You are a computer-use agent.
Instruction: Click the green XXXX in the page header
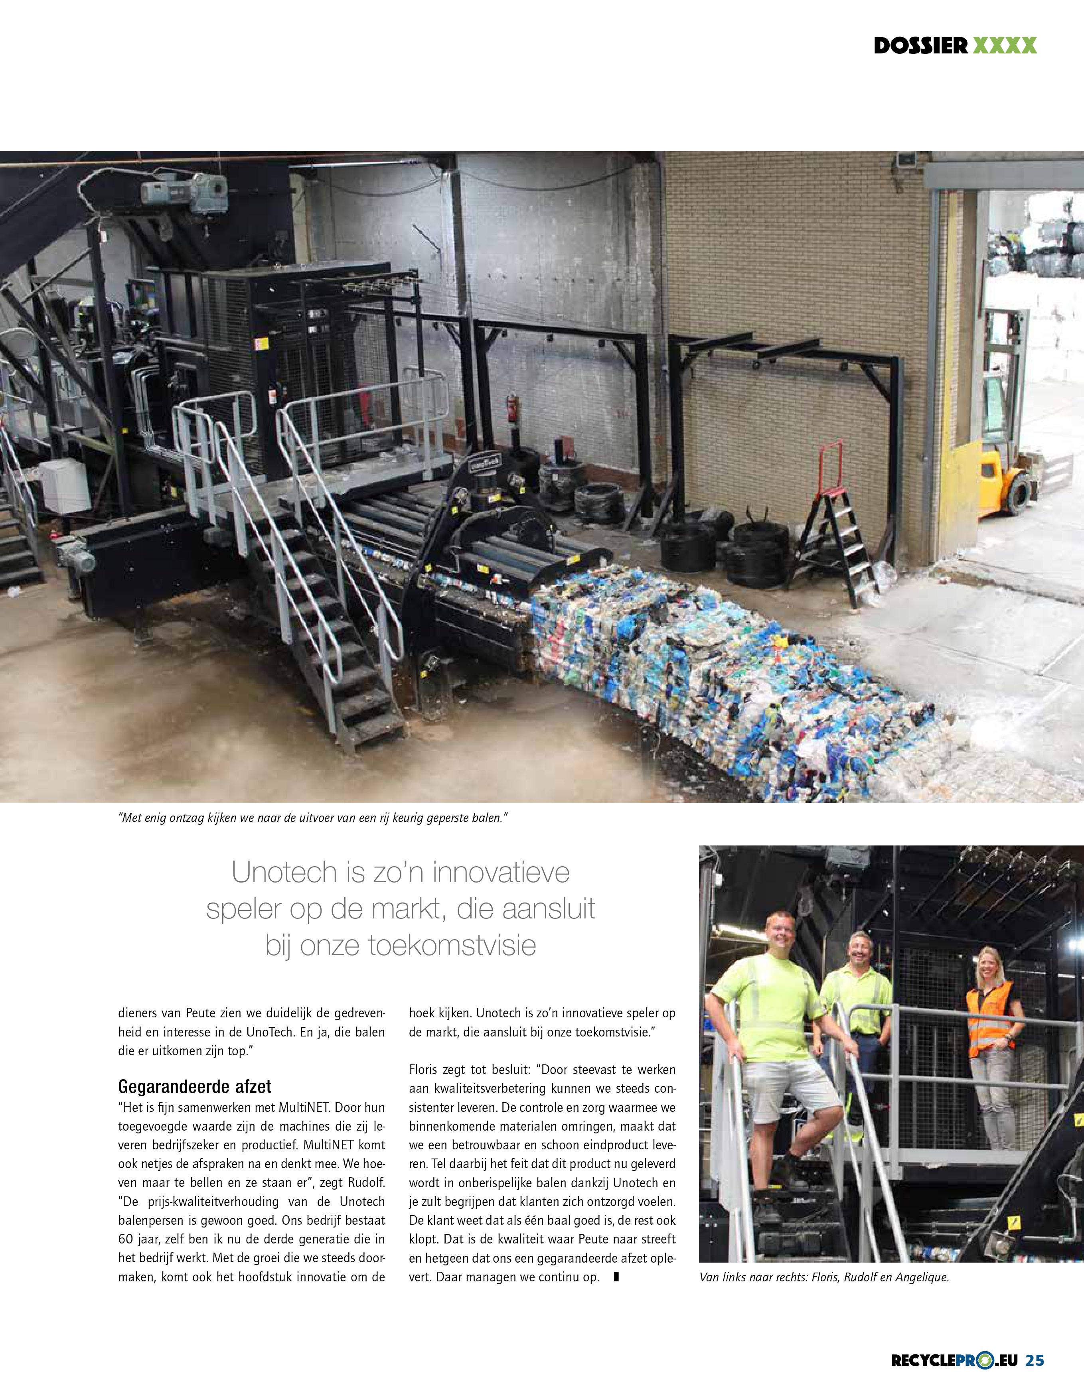click(1005, 45)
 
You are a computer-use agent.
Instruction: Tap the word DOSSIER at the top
click(921, 45)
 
